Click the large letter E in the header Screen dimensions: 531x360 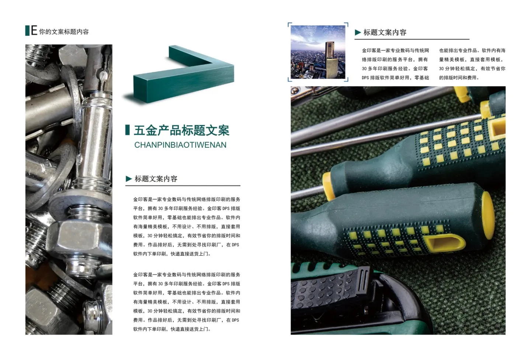tap(34, 31)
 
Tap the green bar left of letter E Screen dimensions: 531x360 tap(27, 31)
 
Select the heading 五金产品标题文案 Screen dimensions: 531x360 tap(181, 130)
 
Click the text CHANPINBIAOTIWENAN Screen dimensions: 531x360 tap(180, 145)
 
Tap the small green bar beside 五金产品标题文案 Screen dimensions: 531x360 tap(128, 130)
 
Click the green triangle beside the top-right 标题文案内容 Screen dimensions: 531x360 tap(358, 32)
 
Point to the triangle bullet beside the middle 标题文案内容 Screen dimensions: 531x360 tap(129, 179)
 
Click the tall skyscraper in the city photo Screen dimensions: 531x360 tap(332, 60)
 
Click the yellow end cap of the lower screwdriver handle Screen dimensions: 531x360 tap(488, 216)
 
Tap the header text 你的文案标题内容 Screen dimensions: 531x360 tap(64, 32)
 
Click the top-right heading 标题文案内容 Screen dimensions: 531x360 tap(385, 32)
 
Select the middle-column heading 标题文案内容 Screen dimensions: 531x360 tap(156, 179)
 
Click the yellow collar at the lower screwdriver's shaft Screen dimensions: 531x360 tap(329, 186)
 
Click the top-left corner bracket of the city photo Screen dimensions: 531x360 tap(289, 24)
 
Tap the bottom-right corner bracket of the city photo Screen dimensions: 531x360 tap(347, 80)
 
